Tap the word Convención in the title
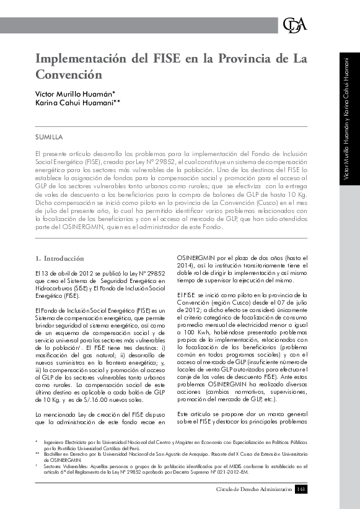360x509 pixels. tap(68, 76)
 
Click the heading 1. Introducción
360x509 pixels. tap(60, 257)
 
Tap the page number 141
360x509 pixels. tap(301, 489)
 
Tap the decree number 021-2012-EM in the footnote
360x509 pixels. tap(230, 472)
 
